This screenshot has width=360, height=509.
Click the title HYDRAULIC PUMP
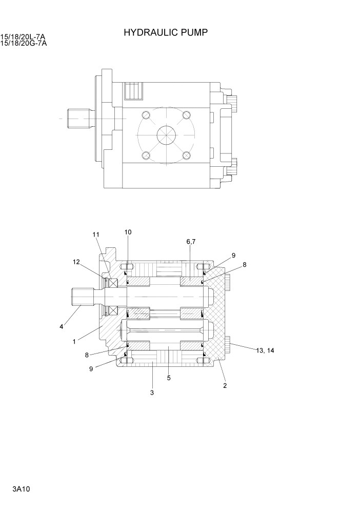[x=165, y=33]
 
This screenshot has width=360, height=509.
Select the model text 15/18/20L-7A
[x=24, y=37]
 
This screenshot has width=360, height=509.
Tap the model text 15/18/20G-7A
[x=24, y=43]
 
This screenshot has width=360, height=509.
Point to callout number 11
[x=96, y=235]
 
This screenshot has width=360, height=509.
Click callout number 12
[x=76, y=262]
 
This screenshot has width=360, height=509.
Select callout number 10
[x=128, y=232]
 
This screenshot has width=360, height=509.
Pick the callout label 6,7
[x=191, y=241]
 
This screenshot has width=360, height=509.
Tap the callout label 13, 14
[x=265, y=350]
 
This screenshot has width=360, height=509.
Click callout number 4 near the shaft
[x=62, y=326]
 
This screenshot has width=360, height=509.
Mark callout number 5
[x=169, y=378]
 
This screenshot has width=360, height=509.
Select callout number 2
[x=225, y=385]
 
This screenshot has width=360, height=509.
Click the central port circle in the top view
[x=166, y=136]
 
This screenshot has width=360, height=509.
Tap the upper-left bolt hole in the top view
[x=146, y=115]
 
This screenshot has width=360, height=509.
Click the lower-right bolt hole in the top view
[x=187, y=155]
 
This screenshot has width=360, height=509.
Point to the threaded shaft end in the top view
[x=78, y=119]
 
